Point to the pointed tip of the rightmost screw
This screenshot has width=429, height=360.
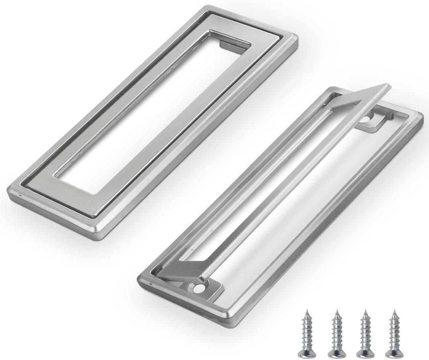(394, 312)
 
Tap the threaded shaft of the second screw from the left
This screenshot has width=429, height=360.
(336, 331)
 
